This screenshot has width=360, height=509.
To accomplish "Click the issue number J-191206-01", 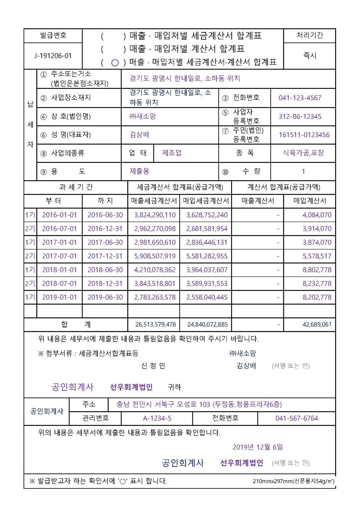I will tap(53, 56).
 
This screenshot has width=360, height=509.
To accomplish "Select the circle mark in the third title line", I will tap(115, 63).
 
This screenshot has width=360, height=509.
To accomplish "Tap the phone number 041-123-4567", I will tap(300, 98).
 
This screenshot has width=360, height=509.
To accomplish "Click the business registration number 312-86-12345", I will tap(300, 116).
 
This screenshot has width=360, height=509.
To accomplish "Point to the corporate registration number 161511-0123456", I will tap(304, 135).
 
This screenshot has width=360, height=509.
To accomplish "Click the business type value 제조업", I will tap(172, 153).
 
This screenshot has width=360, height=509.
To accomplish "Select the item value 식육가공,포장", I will tap(303, 153).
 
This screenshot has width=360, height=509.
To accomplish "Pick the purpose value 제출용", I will tap(140, 171).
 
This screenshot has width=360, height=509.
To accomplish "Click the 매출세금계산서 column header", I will tap(154, 201).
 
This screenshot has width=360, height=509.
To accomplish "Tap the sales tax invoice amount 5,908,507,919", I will tap(155, 256).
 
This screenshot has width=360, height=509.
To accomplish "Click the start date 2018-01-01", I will tap(59, 270).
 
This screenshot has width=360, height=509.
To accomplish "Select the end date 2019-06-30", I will tap(105, 297).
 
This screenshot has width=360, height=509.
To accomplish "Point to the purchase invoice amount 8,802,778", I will tap(317, 270).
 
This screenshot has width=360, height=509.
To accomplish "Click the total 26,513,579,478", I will tap(155, 324).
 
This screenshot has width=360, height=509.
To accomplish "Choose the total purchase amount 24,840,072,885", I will tap(207, 324).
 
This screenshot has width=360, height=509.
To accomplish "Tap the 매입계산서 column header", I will tap(310, 201).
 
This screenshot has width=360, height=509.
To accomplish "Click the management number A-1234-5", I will tap(157, 418).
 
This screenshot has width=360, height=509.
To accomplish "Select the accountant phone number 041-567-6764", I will tap(297, 418).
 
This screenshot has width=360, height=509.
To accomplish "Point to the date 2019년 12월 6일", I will tap(258, 447).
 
